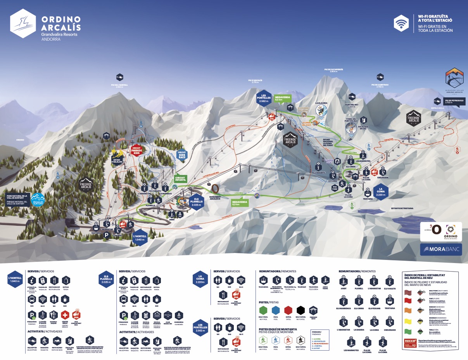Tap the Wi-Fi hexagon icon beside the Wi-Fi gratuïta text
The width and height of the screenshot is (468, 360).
401,24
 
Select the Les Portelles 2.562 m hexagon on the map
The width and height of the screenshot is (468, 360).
264,98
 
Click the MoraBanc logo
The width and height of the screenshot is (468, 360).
441,249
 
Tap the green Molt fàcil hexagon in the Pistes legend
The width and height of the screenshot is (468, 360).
263,310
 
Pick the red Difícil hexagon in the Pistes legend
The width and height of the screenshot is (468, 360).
288,310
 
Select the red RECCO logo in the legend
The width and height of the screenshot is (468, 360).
410,340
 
